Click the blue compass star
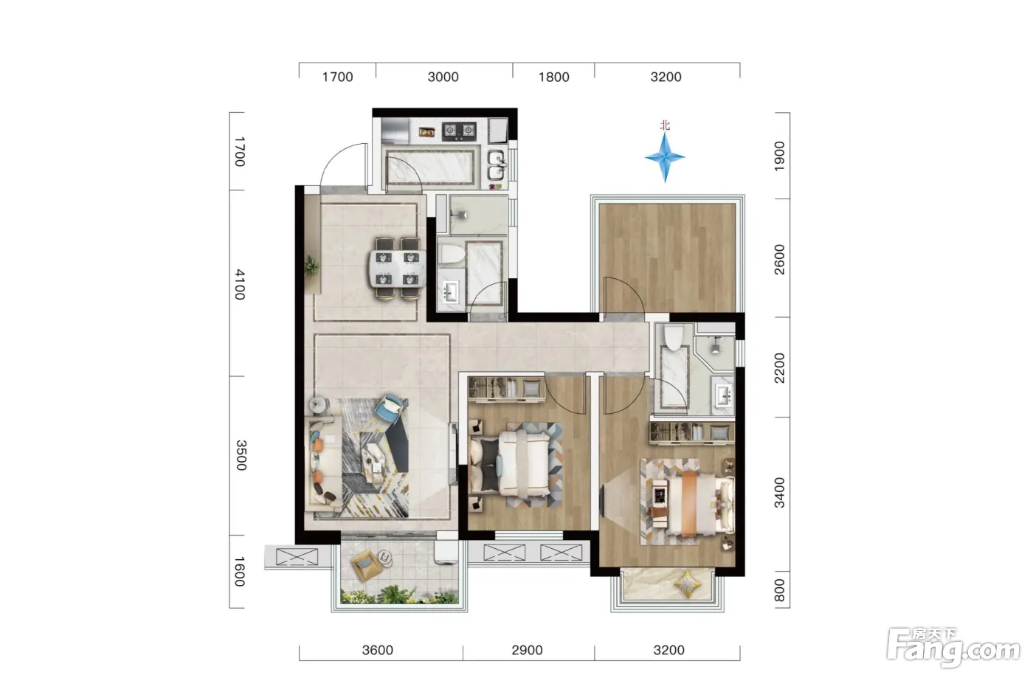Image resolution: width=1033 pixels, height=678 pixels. [665, 157]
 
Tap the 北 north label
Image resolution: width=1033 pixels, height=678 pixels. [665, 125]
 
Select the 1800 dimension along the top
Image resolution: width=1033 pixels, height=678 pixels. [554, 77]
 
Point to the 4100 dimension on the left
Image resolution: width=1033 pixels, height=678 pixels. [240, 285]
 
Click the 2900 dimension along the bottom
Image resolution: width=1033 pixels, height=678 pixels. [527, 650]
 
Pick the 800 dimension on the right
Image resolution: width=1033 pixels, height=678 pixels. [779, 590]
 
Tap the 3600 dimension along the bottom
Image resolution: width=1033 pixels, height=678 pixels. [378, 650]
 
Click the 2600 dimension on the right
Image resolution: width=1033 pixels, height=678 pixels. [779, 260]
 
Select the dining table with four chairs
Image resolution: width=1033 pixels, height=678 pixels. [397, 269]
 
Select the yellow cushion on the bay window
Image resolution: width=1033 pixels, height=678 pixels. [687, 584]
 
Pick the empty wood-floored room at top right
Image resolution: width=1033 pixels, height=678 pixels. [667, 257]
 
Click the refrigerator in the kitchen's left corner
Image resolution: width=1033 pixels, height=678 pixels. [395, 131]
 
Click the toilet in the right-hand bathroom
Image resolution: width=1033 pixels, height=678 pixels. [674, 336]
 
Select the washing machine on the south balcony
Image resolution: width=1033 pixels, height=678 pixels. [446, 552]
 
